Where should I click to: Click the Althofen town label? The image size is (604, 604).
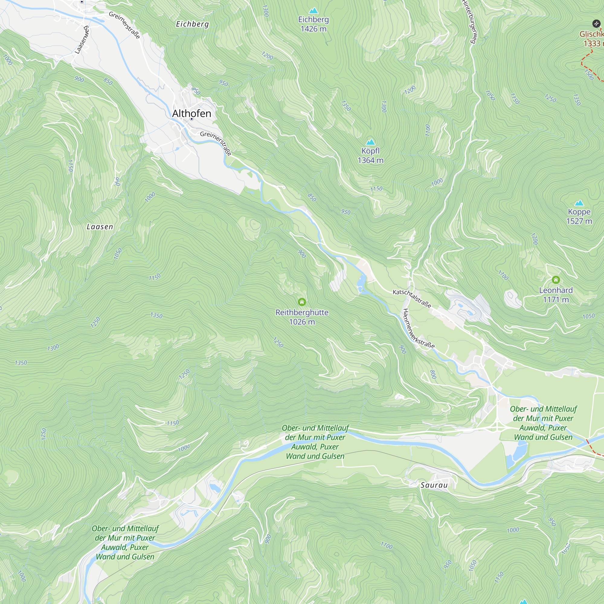(x=192, y=113)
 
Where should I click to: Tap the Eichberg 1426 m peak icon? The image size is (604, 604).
(x=313, y=11)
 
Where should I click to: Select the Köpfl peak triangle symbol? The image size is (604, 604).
(x=371, y=142)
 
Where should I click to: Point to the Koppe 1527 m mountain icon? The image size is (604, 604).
(x=579, y=203)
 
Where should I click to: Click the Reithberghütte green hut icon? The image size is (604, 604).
(x=302, y=302)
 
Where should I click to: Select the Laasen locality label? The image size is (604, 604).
(x=100, y=227)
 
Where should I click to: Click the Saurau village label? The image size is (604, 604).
(x=434, y=485)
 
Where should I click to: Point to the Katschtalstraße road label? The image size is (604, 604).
(x=412, y=298)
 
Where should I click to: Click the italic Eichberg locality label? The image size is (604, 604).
(x=192, y=24)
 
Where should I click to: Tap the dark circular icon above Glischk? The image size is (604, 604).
(x=596, y=24)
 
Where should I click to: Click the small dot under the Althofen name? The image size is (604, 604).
(x=192, y=119)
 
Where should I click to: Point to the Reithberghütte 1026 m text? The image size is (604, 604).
(x=302, y=317)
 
